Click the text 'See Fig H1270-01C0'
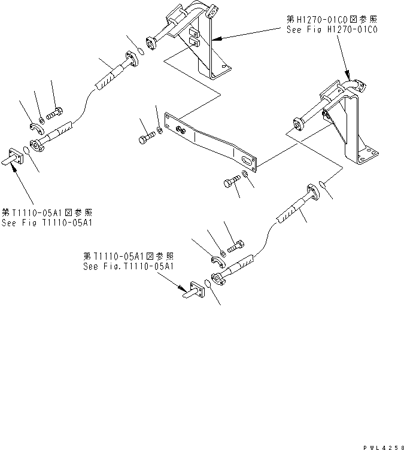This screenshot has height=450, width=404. click(333, 29)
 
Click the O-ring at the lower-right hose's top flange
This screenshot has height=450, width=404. click(323, 185)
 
